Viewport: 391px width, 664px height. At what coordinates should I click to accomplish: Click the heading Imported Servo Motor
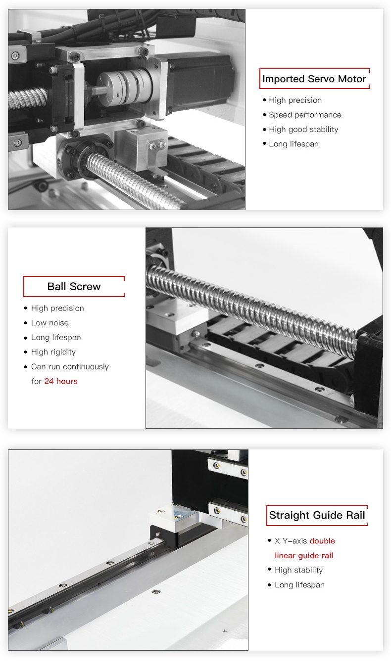[x=314, y=79]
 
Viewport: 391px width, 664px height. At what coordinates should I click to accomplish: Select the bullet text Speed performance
[x=305, y=115]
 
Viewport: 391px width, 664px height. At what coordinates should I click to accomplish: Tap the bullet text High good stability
[x=303, y=130]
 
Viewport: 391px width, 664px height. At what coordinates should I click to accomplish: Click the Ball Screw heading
[x=74, y=287]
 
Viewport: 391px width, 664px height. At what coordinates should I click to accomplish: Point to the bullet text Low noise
[x=49, y=323]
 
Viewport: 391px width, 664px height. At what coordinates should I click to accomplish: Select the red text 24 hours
[x=61, y=381]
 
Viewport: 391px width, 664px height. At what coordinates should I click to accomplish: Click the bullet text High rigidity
[x=53, y=352]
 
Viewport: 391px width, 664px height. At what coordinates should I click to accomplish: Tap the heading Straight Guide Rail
[x=317, y=515]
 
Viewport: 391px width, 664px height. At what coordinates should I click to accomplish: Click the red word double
[x=322, y=541]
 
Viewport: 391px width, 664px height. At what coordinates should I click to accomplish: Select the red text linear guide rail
[x=304, y=556]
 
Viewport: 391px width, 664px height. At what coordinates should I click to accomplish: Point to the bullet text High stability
[x=298, y=570]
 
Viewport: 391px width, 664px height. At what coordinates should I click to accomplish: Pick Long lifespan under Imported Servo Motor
[x=293, y=144]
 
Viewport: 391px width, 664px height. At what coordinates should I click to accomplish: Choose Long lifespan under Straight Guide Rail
[x=299, y=585]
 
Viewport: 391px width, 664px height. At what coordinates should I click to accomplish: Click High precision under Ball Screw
[x=57, y=309]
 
